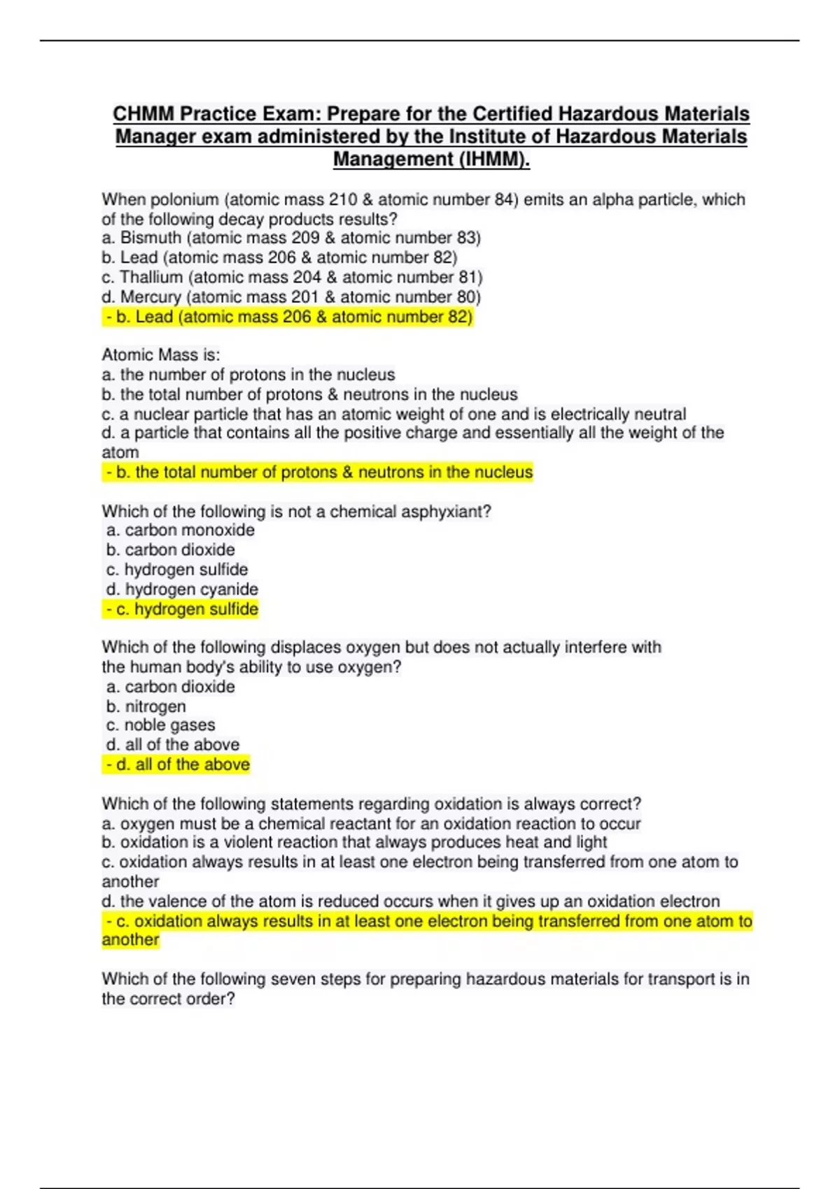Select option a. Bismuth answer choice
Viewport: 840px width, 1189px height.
coord(290,238)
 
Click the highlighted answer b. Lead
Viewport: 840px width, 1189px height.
coord(288,318)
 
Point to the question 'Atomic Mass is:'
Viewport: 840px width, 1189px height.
coord(160,355)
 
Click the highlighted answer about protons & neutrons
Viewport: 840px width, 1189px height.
coord(318,473)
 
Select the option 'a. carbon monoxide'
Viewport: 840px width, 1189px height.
coord(180,530)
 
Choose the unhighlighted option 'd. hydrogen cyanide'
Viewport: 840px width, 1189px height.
coord(182,590)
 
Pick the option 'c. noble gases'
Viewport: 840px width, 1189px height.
coord(160,725)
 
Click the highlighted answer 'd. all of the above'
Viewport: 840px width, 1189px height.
coord(176,764)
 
